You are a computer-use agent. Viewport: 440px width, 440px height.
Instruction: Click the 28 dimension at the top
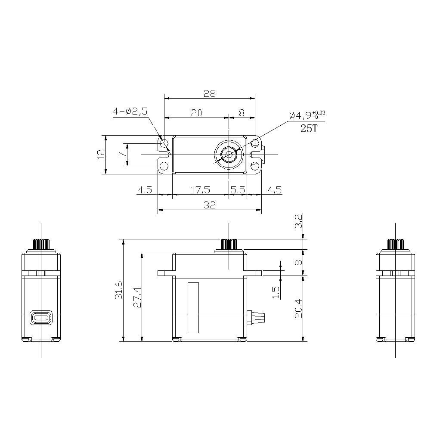coord(210,93)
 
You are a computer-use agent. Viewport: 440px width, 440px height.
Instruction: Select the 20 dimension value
coord(196,113)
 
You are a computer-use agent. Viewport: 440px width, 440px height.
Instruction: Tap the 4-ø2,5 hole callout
coord(130,111)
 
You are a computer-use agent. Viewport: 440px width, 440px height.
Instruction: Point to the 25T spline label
coord(309,128)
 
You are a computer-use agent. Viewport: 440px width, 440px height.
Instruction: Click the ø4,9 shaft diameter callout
coord(307,115)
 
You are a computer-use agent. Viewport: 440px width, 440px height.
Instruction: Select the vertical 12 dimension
coord(100,154)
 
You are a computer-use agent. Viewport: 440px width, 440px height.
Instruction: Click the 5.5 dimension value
coord(238,189)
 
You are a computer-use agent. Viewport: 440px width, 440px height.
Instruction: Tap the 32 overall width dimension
coord(210,205)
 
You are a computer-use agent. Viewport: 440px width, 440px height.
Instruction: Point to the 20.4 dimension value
coord(298,308)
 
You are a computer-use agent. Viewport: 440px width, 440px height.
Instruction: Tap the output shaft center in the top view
coord(228,154)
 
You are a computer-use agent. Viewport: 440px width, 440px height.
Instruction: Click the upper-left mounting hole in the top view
coord(164,143)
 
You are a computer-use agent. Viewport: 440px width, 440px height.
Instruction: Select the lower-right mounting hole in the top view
coord(255,166)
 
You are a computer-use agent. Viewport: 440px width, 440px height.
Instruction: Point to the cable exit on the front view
coord(257,317)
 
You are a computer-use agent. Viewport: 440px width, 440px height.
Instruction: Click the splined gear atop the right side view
coord(395,244)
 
